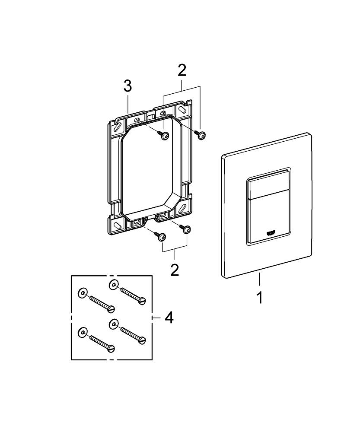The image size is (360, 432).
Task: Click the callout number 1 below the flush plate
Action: [259, 298]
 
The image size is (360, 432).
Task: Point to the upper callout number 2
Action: [182, 70]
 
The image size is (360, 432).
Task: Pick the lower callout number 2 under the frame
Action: [174, 270]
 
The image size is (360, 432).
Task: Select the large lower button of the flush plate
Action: [266, 220]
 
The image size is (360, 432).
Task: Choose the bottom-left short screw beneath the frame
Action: [161, 237]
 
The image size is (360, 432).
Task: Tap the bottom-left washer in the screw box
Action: [82, 332]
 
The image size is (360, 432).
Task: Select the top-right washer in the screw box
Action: [114, 284]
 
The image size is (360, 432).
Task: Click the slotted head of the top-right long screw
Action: [142, 301]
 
